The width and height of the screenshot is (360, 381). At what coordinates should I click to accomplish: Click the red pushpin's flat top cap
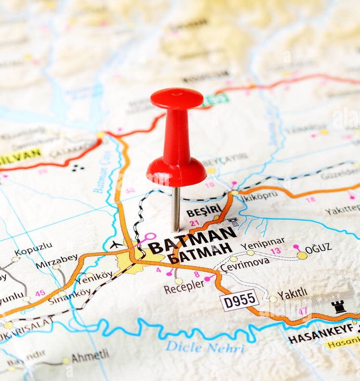coord(177,98)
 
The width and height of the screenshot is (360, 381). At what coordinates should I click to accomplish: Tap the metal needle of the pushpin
coord(176,208)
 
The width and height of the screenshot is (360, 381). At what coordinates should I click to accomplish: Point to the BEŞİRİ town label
coord(203,212)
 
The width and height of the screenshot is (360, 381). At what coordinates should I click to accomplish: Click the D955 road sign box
coord(239,301)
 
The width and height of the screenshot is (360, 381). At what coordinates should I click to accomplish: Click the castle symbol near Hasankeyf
coord(338,306)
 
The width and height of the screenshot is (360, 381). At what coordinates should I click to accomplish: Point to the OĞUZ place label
coord(318,248)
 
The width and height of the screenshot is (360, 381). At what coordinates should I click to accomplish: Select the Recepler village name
coord(183,289)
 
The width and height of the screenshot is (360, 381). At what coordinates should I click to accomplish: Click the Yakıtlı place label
coord(292,293)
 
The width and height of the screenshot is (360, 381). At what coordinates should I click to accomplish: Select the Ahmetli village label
coord(90,357)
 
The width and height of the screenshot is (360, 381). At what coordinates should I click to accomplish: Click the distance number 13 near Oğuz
coord(275,251)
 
